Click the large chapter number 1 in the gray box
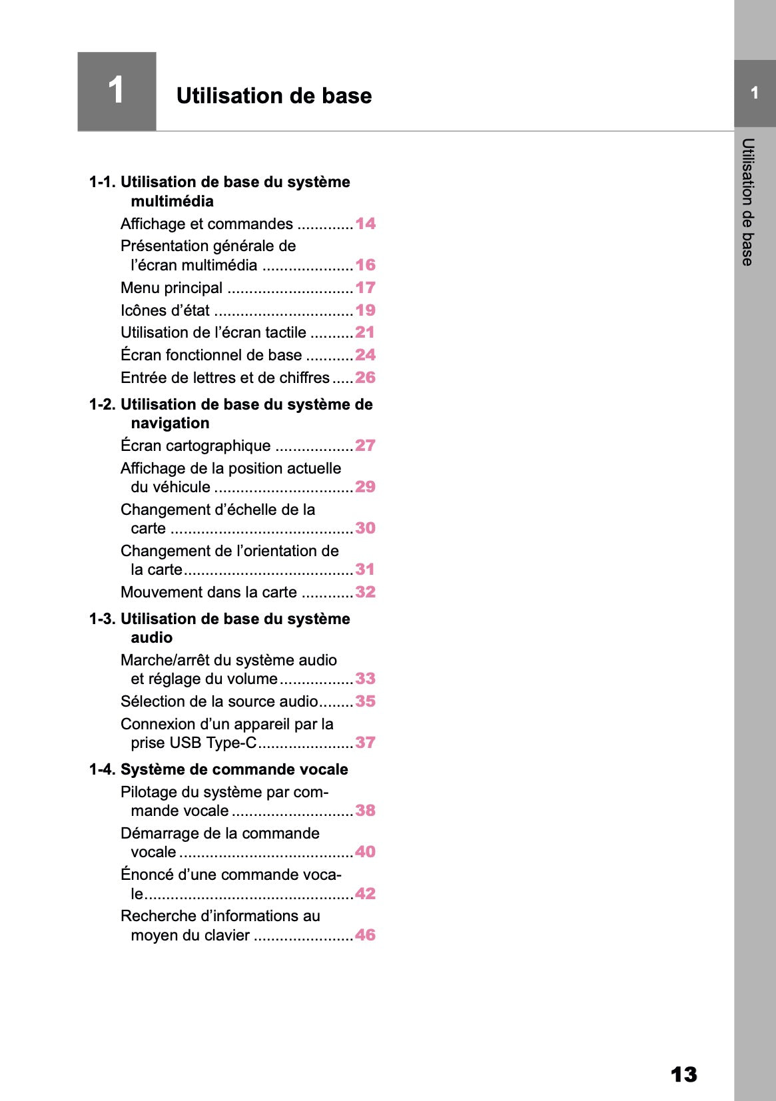[x=116, y=91]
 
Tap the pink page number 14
[x=365, y=224]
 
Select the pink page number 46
[x=365, y=935]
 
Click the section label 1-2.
[x=103, y=405]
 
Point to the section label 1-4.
[x=103, y=770]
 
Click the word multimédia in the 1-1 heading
[x=172, y=201]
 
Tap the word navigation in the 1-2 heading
[x=170, y=424]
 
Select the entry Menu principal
[x=171, y=288]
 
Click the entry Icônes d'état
[x=165, y=310]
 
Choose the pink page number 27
[x=365, y=446]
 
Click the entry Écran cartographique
[x=195, y=446]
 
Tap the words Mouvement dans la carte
[x=208, y=592]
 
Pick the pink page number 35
[x=365, y=701]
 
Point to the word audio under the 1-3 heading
[x=151, y=638]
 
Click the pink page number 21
[x=365, y=332]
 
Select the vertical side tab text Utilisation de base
[x=748, y=202]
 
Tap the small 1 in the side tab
[x=755, y=93]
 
